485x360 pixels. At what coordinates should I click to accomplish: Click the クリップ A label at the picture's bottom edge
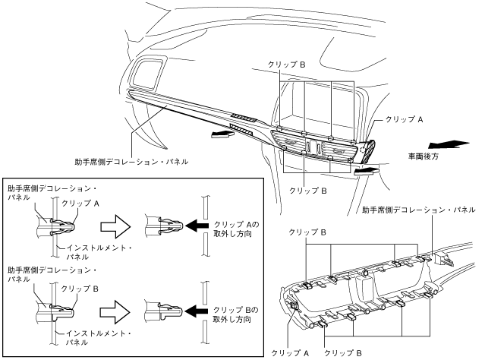[x=290, y=353]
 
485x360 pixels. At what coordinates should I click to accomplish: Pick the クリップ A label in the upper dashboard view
[x=405, y=119]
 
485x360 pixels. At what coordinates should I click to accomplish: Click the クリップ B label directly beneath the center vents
[x=308, y=191]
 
